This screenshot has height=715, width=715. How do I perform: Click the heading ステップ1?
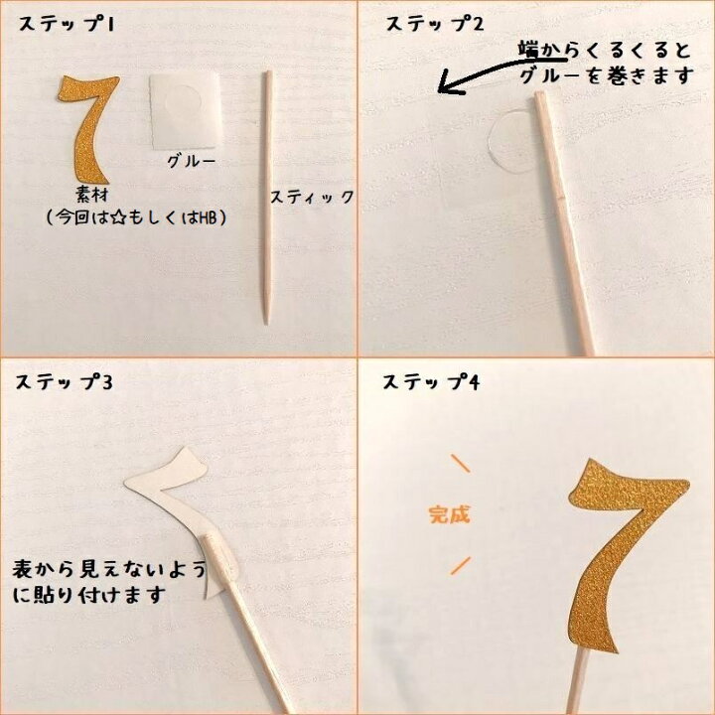coord(67,24)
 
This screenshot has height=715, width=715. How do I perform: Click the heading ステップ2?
coord(434,24)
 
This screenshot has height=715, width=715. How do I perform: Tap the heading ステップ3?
coord(64,381)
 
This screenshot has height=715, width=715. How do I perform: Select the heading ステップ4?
coord(431,381)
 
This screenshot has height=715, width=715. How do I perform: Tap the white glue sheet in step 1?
coord(185,111)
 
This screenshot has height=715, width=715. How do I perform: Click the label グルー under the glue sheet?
coord(191,161)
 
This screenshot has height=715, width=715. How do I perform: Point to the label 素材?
coord(92,196)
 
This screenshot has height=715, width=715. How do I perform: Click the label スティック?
coord(313,197)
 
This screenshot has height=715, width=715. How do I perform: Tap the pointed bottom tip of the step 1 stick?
coord(267,323)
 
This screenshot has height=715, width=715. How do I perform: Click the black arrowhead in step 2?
coord(445,82)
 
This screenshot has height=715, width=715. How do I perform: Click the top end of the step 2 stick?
coord(540,93)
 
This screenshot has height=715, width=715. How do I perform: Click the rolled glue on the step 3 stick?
coord(220,555)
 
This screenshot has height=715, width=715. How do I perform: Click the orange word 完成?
coord(449,514)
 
